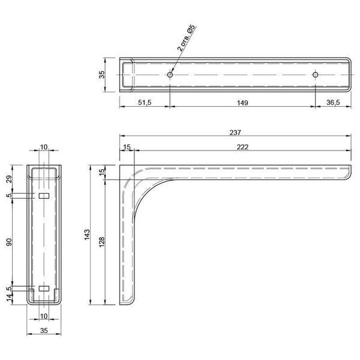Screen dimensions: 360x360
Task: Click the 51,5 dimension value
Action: tap(145, 103)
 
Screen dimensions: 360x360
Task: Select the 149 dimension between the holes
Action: tap(242, 103)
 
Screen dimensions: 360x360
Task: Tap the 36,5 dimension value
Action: tap(333, 103)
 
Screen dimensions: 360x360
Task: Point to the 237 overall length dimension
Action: tap(235, 133)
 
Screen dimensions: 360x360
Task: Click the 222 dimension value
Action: tap(242, 147)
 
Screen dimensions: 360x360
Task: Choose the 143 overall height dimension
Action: tap(87, 235)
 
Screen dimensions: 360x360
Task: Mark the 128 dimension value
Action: tap(102, 242)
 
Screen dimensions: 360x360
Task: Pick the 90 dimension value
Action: tap(9, 242)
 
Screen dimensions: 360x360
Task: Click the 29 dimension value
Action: tap(9, 179)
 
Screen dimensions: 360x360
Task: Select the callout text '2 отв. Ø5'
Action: tap(187, 38)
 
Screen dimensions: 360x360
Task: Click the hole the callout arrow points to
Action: tap(170, 74)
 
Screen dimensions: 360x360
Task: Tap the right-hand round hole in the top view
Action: tap(315, 74)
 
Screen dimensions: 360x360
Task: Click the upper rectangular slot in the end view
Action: tap(44, 196)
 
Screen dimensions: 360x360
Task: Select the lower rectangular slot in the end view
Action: tap(44, 289)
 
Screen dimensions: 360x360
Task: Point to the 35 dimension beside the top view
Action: tap(101, 74)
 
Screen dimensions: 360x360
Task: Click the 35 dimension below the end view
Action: tap(44, 331)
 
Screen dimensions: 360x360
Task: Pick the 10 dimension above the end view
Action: tap(44, 147)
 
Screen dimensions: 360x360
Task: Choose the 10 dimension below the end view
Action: tap(44, 316)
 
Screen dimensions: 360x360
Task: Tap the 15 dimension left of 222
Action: tap(127, 147)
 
